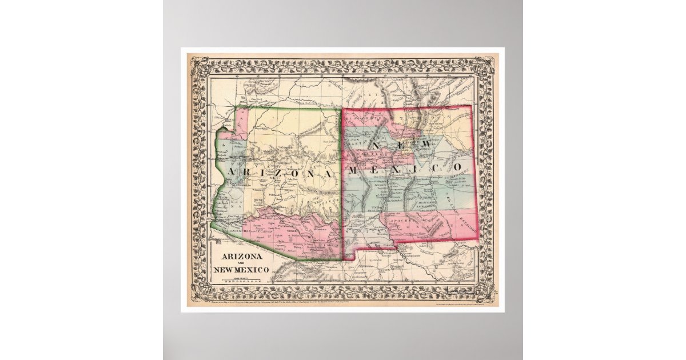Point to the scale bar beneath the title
click(x=240, y=280)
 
